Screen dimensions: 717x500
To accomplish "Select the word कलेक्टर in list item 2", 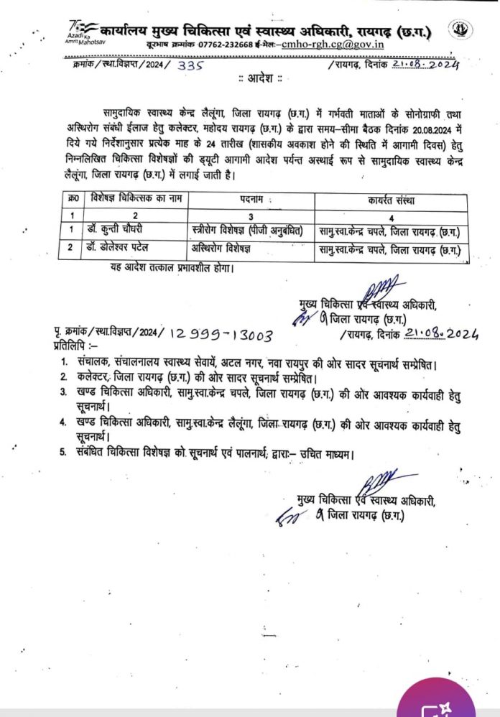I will click(93, 378).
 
